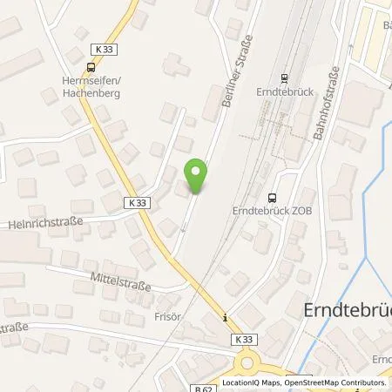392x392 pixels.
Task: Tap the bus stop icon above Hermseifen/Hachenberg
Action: pyautogui.click(x=91, y=66)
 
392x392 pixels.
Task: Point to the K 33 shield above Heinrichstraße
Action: pyautogui.click(x=138, y=202)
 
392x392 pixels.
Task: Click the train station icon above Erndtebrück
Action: pyautogui.click(x=284, y=77)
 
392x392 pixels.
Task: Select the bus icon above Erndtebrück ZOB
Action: pyautogui.click(x=274, y=196)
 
